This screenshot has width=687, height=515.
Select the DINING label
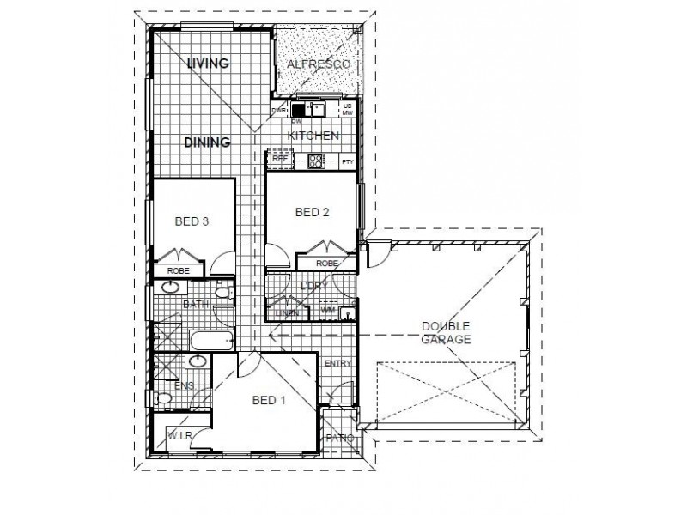(207, 142)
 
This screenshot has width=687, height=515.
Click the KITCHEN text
(313, 136)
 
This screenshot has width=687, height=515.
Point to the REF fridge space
(280, 159)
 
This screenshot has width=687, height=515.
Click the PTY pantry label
(347, 161)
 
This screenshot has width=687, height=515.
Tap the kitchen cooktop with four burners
(316, 159)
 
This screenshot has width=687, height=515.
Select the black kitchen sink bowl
(299, 109)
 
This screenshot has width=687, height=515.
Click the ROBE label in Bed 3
(178, 270)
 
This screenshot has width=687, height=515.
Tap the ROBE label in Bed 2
(326, 264)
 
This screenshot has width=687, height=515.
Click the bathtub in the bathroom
(211, 341)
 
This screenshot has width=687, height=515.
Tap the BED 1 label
(269, 400)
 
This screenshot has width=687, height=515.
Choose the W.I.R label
(178, 436)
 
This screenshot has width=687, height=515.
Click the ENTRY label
(338, 364)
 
